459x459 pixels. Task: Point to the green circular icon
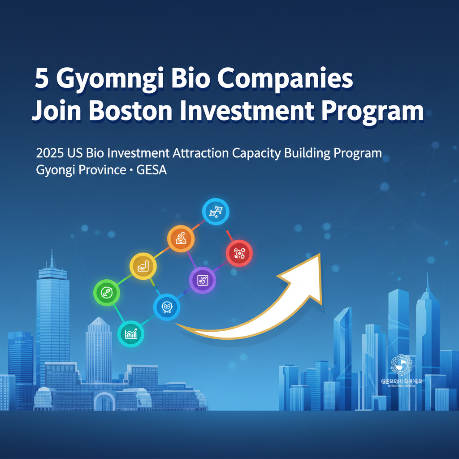(x=107, y=293)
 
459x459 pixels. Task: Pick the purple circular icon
(x=203, y=280)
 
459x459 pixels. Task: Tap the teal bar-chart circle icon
(x=131, y=333)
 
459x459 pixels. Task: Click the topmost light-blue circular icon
(x=216, y=211)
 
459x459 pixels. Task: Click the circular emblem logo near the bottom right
(x=400, y=364)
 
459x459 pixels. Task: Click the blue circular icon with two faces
(x=167, y=307)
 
